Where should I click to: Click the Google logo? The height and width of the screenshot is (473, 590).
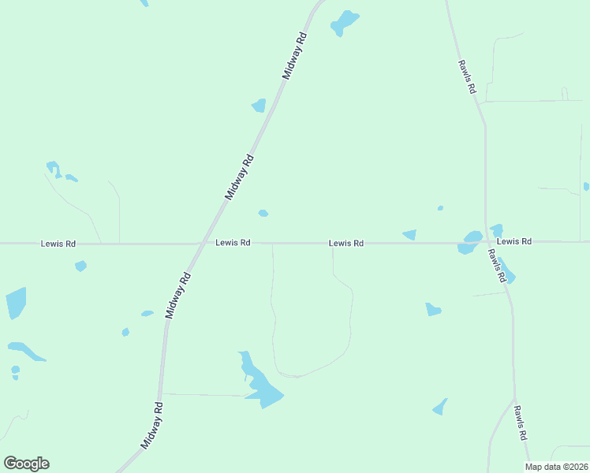(27, 464)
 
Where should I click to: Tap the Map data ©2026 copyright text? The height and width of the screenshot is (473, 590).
(557, 467)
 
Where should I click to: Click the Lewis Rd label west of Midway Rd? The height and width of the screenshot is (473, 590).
(58, 244)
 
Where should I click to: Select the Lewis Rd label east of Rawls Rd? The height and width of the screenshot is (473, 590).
(514, 241)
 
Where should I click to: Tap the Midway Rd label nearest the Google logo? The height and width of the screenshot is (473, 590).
(152, 426)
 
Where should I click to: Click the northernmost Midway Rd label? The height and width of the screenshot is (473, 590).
(294, 54)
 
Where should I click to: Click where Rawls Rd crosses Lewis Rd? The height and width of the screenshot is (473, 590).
(487, 243)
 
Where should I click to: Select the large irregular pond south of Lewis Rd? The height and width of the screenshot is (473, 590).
(260, 383)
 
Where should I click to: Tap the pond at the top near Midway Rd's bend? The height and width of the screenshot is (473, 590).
(344, 22)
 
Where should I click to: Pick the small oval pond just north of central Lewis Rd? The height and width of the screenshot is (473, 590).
(263, 213)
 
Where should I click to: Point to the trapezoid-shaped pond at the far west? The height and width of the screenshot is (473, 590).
(16, 303)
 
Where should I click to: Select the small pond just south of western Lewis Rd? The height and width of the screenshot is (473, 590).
(80, 266)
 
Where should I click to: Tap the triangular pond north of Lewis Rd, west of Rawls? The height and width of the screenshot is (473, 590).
(409, 234)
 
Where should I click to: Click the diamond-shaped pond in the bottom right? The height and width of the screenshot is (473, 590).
(440, 407)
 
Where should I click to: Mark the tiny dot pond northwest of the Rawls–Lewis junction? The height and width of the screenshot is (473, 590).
(440, 208)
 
